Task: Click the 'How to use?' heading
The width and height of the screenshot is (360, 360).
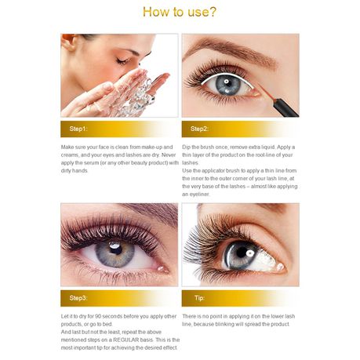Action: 180,12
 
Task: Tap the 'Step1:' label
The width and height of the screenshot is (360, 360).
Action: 78,129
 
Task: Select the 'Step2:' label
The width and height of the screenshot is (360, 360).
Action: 199,129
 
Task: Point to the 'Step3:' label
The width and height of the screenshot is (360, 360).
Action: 78,298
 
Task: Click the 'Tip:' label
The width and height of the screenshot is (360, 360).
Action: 199,298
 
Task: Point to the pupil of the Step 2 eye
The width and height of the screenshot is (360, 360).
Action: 228,83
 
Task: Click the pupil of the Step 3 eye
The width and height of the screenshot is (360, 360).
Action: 115,249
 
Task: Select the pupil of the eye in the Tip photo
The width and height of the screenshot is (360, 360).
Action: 244,254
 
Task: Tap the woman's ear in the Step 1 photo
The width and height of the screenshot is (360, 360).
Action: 68,42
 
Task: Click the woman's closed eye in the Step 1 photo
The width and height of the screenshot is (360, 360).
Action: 122,61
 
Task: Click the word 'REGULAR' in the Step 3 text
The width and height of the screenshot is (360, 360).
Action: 125,340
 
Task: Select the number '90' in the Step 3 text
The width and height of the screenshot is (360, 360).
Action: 98,316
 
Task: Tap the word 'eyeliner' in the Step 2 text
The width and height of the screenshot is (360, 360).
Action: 199,195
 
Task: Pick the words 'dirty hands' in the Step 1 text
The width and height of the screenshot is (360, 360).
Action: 75,171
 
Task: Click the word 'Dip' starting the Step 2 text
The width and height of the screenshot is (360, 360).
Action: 186,147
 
